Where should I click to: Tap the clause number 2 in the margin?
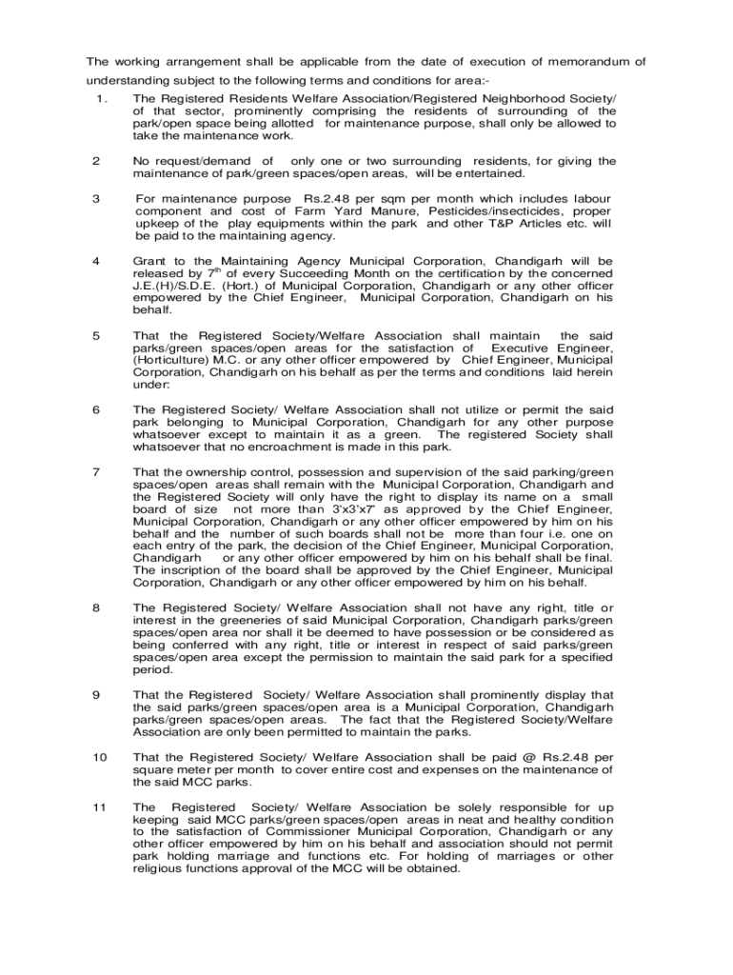click(96, 161)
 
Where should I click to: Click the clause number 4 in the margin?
click(96, 260)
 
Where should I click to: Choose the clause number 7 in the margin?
click(96, 472)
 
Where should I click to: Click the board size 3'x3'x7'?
click(350, 509)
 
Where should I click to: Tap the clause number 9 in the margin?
click(96, 695)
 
